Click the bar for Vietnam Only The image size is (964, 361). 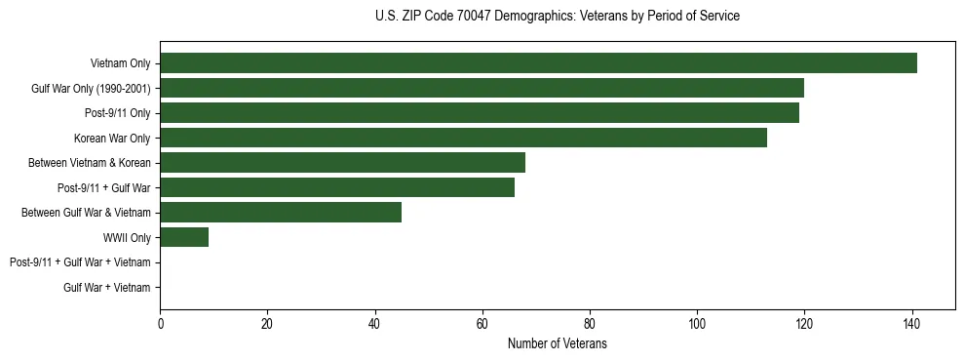tap(538, 63)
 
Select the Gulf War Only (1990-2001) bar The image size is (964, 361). tap(482, 88)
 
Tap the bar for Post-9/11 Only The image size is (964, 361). tap(479, 113)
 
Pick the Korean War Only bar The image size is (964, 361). tap(463, 138)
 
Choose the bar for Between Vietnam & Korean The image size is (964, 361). tap(342, 162)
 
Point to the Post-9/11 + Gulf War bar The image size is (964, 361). tap(337, 187)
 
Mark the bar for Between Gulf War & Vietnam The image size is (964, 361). tap(281, 212)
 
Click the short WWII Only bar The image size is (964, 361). tap(184, 237)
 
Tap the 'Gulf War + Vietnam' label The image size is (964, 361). tap(107, 287)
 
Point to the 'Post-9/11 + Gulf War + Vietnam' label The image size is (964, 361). tap(80, 262)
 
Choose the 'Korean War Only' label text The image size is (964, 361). tap(112, 138)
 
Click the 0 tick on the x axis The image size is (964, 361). tap(160, 324)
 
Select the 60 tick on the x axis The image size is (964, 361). tap(482, 324)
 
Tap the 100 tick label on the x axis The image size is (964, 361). tap(696, 324)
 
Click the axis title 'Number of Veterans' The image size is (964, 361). tap(557, 343)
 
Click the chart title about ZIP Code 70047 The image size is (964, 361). tap(557, 17)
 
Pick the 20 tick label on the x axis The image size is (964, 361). tap(267, 324)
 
